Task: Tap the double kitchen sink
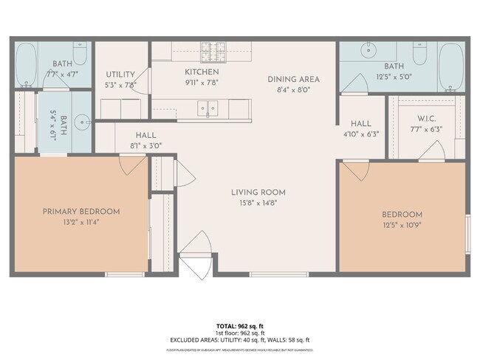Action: [207, 110]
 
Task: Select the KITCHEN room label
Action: [202, 72]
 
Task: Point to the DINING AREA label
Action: [293, 79]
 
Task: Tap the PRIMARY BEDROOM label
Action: [80, 212]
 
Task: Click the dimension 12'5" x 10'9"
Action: [402, 225]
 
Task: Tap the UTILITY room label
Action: [120, 75]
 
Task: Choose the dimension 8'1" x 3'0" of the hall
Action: [145, 146]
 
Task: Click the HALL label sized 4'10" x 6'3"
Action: [361, 124]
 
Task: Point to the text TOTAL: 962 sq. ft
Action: [240, 325]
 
